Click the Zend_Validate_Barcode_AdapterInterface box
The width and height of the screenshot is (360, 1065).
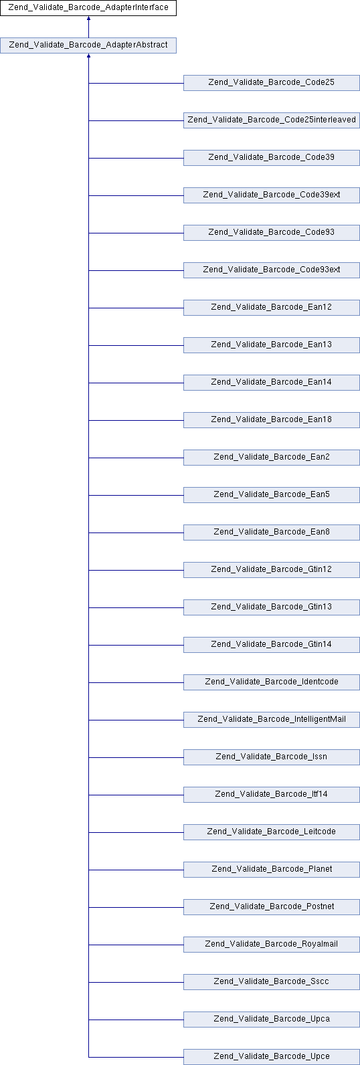tap(88, 8)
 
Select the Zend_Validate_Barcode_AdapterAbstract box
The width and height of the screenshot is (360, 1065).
tap(88, 45)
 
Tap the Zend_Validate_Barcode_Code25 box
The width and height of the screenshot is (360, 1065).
tap(272, 83)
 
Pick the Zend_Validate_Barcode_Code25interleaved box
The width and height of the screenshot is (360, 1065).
tap(272, 120)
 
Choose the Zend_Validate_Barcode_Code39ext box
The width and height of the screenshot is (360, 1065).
tap(272, 195)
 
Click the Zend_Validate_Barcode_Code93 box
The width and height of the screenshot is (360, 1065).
tap(272, 233)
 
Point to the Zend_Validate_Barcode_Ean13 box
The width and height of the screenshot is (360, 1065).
tap(272, 345)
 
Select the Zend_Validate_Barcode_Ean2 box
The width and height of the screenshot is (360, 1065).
tap(272, 458)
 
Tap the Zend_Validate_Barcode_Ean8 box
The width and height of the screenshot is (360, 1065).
tap(272, 532)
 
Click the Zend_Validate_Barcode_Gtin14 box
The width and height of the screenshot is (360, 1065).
tap(272, 645)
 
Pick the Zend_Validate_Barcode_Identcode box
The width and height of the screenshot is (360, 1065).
tap(272, 682)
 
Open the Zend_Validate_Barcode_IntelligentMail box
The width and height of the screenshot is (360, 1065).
tap(272, 720)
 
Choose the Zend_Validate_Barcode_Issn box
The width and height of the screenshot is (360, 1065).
tap(272, 757)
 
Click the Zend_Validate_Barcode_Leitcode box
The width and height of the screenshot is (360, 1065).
tap(272, 832)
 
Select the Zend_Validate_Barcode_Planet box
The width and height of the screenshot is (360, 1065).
tap(272, 870)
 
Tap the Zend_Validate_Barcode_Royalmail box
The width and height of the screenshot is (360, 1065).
tap(272, 945)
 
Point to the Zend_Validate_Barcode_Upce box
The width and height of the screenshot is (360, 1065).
tap(272, 1057)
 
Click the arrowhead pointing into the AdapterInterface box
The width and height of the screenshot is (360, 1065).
tap(88, 18)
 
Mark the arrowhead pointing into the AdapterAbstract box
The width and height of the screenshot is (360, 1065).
tap(88, 56)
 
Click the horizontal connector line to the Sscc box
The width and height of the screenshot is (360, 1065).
tap(136, 982)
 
